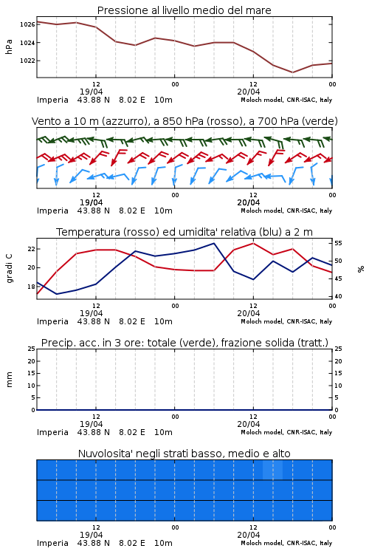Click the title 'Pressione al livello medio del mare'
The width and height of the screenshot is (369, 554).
point(184,10)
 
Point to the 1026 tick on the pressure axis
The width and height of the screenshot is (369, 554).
point(27,24)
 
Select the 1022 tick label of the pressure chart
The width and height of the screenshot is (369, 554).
point(27,61)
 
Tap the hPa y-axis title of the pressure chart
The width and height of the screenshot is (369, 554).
point(9,47)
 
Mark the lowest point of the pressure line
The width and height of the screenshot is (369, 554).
point(292,72)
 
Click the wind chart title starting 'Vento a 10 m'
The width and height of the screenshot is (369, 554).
point(184,121)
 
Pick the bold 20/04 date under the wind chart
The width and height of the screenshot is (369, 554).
point(249,202)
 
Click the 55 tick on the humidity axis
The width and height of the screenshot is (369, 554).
point(338,243)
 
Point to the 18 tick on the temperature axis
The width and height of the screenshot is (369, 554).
point(31,287)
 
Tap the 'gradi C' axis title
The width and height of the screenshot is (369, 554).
point(9,269)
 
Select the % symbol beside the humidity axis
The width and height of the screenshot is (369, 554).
point(361,269)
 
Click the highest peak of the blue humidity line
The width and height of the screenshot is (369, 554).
point(213,243)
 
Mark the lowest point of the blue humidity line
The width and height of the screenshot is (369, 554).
point(57,294)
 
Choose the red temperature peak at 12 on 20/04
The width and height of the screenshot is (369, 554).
point(253,243)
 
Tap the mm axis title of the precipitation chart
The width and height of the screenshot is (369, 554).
point(9,380)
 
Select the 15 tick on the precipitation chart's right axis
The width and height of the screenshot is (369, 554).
point(338,373)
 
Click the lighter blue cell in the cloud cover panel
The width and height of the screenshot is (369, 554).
point(272,470)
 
